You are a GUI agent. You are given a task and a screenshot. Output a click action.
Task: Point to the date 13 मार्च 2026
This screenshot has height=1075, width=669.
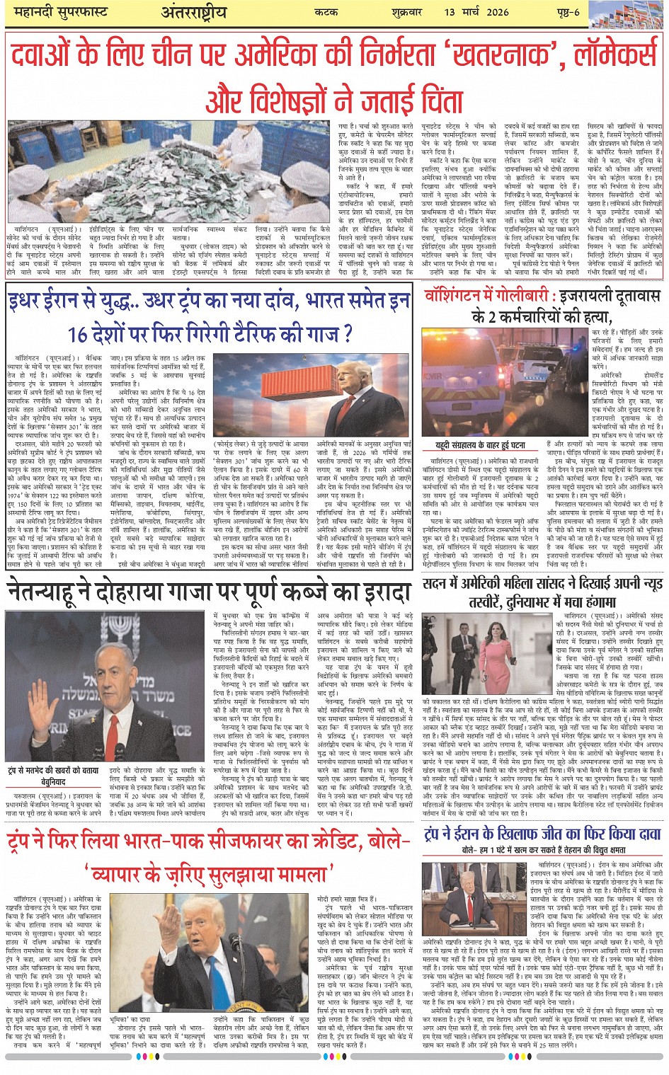click(476, 13)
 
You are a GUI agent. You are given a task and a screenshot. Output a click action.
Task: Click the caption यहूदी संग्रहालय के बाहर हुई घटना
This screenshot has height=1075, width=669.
click(480, 446)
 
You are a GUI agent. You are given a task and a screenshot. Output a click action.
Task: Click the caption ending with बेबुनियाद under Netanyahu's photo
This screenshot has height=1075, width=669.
click(53, 776)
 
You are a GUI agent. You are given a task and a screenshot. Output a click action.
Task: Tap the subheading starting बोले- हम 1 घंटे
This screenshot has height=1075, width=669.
click(543, 850)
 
